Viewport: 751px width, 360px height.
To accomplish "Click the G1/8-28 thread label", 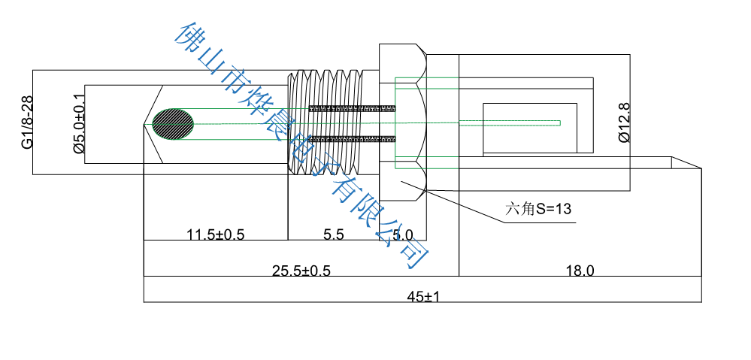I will (27, 122).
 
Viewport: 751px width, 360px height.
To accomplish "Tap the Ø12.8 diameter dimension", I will (624, 123).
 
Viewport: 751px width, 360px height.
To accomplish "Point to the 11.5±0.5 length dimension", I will (216, 234).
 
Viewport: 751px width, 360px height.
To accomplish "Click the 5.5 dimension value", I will (334, 234).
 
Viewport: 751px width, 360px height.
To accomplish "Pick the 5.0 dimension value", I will (403, 235).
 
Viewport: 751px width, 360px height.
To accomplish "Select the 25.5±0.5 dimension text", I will (301, 271).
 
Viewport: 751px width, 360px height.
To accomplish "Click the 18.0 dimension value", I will (580, 271).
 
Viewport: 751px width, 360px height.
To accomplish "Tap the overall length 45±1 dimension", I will (423, 296).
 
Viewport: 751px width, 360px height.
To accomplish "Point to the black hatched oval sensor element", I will (173, 123).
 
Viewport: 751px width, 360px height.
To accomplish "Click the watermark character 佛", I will (189, 34).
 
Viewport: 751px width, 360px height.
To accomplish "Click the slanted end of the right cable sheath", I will (686, 163).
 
